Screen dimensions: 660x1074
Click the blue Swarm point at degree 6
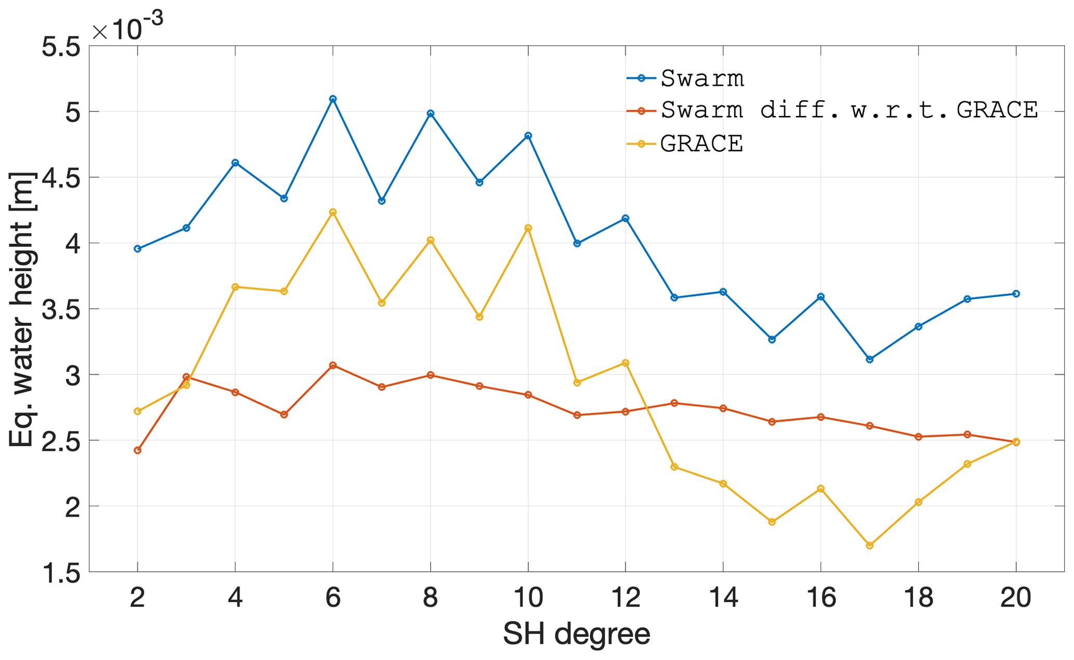333,99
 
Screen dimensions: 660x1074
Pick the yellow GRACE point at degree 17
870,545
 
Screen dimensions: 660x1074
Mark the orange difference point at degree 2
138,450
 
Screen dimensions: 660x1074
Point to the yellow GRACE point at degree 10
528,228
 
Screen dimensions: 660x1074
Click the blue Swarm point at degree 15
772,339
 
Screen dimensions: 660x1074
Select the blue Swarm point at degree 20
1016,294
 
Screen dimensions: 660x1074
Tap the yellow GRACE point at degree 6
333,212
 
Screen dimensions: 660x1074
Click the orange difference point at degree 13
674,403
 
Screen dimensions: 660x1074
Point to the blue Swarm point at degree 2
138,248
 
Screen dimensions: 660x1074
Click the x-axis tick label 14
723,598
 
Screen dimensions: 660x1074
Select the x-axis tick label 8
430,598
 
